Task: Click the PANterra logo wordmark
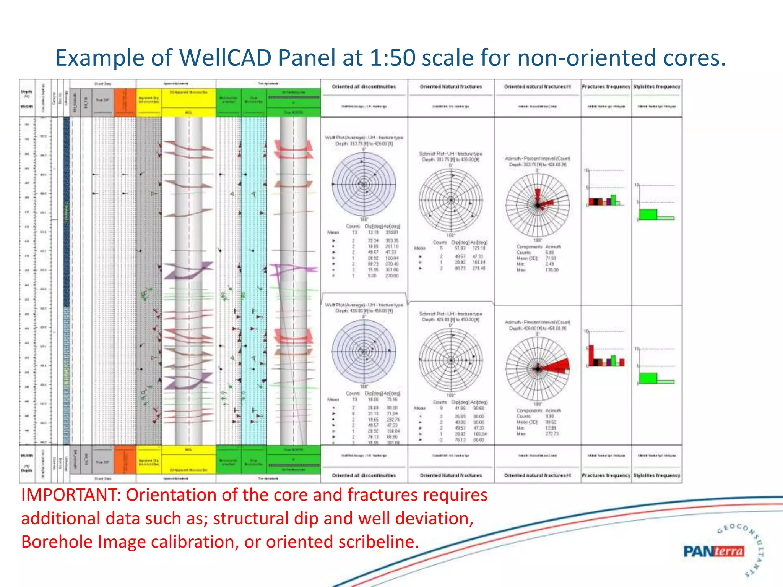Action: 713,551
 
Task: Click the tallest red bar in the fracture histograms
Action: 591,355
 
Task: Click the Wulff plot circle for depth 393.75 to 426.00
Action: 364,185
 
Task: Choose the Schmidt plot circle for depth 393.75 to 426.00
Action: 451,200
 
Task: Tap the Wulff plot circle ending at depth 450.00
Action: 364,351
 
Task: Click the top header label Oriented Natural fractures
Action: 451,87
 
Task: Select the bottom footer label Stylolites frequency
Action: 656,475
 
